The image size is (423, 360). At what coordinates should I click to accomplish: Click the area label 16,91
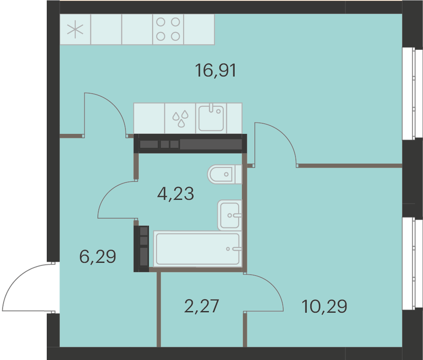pyautogui.click(x=215, y=70)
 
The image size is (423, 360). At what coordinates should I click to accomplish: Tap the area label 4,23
pyautogui.click(x=176, y=193)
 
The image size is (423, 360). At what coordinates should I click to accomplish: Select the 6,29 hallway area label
pyautogui.click(x=98, y=256)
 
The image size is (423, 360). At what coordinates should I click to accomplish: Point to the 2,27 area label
pyautogui.click(x=201, y=306)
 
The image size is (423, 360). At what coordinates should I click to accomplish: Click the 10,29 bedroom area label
pyautogui.click(x=324, y=306)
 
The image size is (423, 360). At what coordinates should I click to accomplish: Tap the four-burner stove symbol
pyautogui.click(x=168, y=29)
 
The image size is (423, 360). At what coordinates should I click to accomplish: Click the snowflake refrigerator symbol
pyautogui.click(x=75, y=30)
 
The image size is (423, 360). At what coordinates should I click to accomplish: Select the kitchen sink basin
pyautogui.click(x=211, y=118)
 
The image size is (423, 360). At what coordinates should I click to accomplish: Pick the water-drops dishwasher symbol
pyautogui.click(x=180, y=118)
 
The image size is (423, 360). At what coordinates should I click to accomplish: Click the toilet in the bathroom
pyautogui.click(x=225, y=174)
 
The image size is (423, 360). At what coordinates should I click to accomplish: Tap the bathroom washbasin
pyautogui.click(x=230, y=215)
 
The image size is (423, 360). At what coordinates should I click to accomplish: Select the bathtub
pyautogui.click(x=197, y=249)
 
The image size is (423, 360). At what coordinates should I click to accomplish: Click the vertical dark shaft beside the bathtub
pyautogui.click(x=141, y=248)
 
